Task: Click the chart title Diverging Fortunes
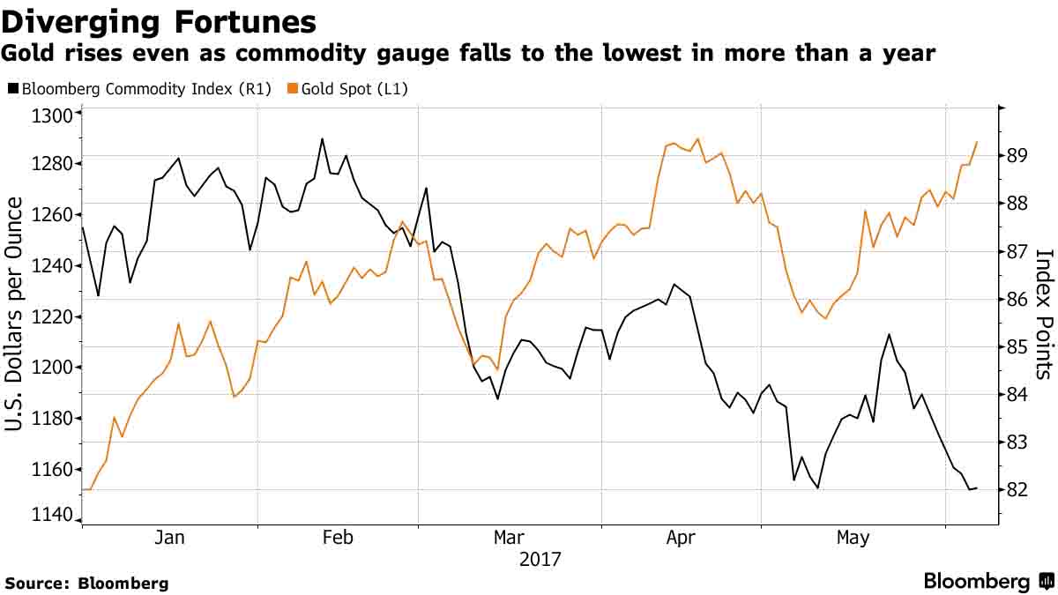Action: pos(159,22)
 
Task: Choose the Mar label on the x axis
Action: pos(509,537)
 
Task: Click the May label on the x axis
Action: pos(853,537)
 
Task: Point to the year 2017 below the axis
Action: pos(539,559)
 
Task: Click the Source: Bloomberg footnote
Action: pos(86,583)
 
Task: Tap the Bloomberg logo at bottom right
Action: pos(988,581)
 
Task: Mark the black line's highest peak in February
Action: pos(322,138)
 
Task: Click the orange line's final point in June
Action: pos(977,141)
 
